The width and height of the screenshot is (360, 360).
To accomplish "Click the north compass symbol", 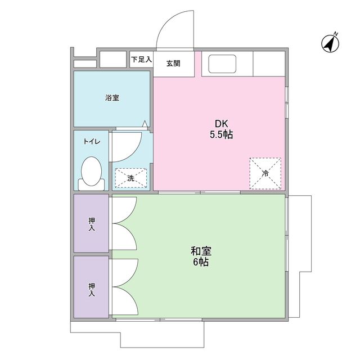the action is [x=330, y=44].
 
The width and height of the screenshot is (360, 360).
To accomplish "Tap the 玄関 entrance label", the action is [x=173, y=64].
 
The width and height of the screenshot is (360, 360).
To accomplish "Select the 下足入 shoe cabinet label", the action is [x=141, y=60].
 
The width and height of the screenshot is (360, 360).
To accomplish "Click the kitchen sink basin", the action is [x=222, y=64].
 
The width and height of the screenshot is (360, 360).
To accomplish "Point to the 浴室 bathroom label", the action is [x=112, y=98].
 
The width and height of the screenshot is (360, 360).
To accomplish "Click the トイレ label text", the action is [x=92, y=141].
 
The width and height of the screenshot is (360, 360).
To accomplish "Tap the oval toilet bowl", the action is [x=91, y=171].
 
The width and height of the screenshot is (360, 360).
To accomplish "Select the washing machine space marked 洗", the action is [x=131, y=178].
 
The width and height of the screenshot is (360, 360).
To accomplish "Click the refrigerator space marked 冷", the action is [x=265, y=174].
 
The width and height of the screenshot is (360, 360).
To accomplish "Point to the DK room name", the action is [x=221, y=124].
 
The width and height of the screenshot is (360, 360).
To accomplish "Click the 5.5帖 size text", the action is [x=221, y=135].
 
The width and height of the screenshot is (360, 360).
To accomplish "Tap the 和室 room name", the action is [x=201, y=251].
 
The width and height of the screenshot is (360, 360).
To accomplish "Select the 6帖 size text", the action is [x=201, y=262].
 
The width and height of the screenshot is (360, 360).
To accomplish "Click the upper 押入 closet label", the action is [x=92, y=224].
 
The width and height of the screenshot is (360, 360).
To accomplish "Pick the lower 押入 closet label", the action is [x=92, y=290].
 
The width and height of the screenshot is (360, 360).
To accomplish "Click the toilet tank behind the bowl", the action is [x=91, y=185].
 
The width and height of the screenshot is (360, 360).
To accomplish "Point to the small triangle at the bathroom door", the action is [x=145, y=124].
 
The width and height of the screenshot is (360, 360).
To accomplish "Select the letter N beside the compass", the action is [x=336, y=34].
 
